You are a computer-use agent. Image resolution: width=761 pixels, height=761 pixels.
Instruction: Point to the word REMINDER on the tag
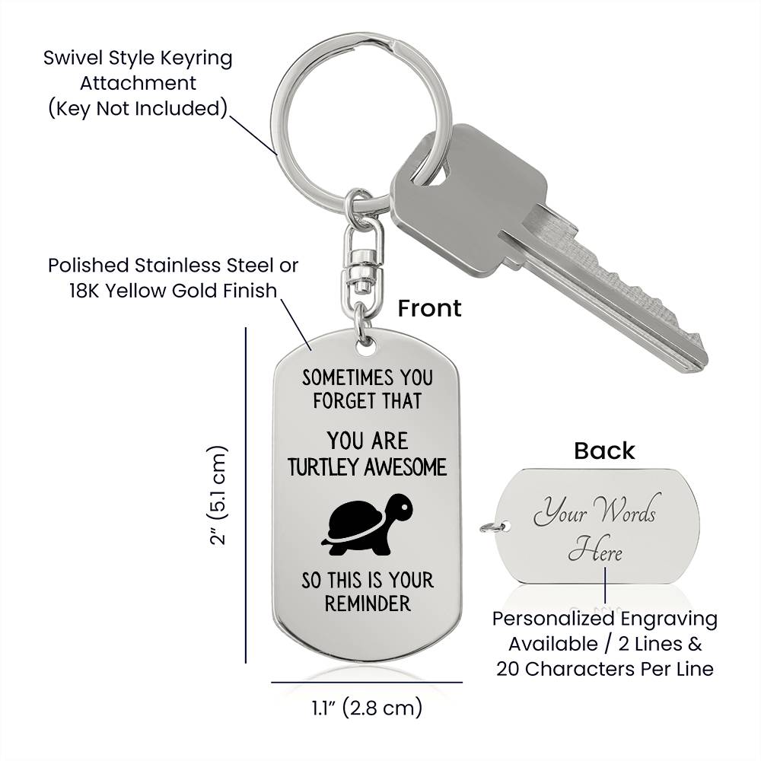click(x=367, y=604)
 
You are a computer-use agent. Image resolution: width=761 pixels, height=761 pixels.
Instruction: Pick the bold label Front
click(x=429, y=307)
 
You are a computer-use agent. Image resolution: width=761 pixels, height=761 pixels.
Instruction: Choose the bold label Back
click(x=604, y=451)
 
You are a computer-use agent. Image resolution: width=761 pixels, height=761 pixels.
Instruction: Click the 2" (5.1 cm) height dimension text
click(x=218, y=495)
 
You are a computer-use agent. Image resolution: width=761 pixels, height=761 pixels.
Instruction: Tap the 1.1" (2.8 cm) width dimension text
click(x=366, y=708)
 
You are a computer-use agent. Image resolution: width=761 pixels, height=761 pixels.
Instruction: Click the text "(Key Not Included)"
click(x=138, y=108)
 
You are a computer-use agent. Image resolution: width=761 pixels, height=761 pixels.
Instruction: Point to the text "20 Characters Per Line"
click(x=605, y=669)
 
